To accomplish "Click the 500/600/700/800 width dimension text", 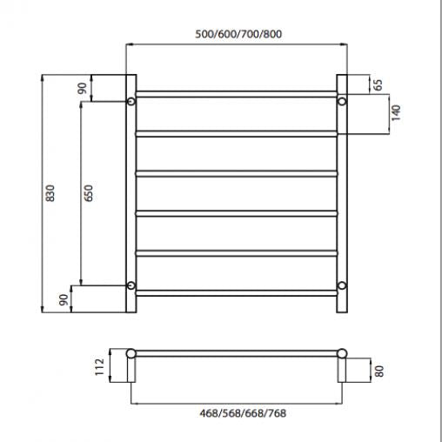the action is click(238, 34).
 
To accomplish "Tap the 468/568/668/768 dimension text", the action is click(243, 413).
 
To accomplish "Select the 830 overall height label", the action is click(50, 193).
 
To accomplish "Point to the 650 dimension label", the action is click(88, 193).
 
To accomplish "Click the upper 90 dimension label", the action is click(82, 89).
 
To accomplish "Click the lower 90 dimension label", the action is click(64, 299).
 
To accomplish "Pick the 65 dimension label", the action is click(378, 84).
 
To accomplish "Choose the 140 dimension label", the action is click(396, 113).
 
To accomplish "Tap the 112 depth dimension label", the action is click(99, 367).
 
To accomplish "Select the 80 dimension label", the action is click(379, 372).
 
